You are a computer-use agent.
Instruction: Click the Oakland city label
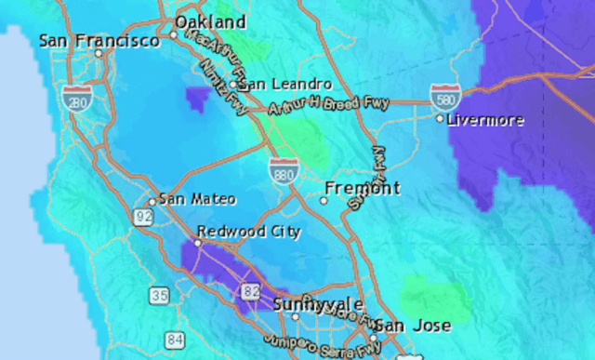tap(211, 21)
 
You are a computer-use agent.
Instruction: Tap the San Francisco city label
tap(99, 41)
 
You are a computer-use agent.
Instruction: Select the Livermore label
tap(485, 120)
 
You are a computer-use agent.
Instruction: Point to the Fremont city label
tap(363, 188)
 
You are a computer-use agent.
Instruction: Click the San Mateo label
tap(197, 199)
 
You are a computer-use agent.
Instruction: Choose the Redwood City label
tap(248, 231)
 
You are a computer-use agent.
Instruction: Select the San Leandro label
tap(285, 84)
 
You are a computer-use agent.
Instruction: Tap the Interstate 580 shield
tap(443, 95)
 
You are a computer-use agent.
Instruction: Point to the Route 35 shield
tap(159, 295)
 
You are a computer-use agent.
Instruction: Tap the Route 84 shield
tap(175, 340)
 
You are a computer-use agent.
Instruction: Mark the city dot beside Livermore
tap(440, 119)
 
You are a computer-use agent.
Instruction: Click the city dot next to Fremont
tap(324, 199)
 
